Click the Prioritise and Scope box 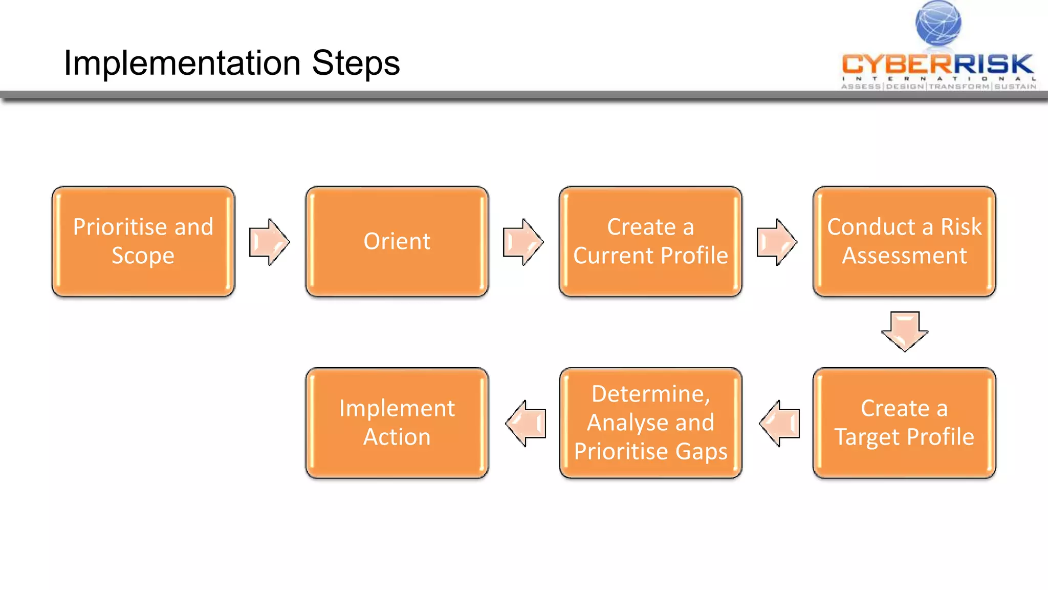pyautogui.click(x=143, y=241)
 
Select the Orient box pyautogui.click(x=397, y=241)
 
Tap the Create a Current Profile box pyautogui.click(x=650, y=241)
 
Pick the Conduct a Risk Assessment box pyautogui.click(x=904, y=241)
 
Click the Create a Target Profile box pyautogui.click(x=904, y=423)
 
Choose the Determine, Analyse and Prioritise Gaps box pyautogui.click(x=650, y=423)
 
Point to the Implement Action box pyautogui.click(x=397, y=423)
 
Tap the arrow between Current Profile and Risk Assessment pyautogui.click(x=776, y=242)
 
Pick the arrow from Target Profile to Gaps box pyautogui.click(x=779, y=424)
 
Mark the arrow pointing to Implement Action pyautogui.click(x=526, y=424)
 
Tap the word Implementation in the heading pyautogui.click(x=182, y=63)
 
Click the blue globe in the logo pyautogui.click(x=938, y=23)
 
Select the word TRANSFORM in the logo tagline pyautogui.click(x=959, y=87)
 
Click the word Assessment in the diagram pyautogui.click(x=904, y=256)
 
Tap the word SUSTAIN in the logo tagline pyautogui.click(x=1015, y=87)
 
